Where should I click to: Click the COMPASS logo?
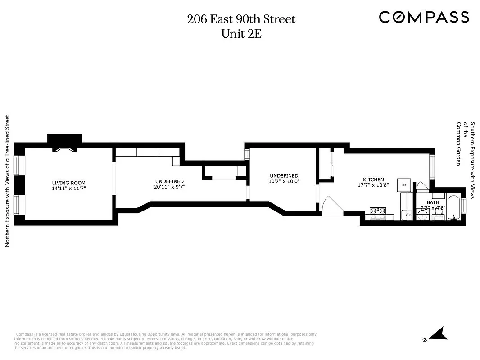click(x=424, y=17)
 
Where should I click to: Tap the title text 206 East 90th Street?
click(x=241, y=19)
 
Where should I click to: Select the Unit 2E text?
click(x=241, y=34)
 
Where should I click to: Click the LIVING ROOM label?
click(x=68, y=183)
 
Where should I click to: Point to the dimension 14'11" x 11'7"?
click(x=68, y=189)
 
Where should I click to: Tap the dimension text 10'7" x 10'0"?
click(x=284, y=181)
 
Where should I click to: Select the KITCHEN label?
click(x=373, y=180)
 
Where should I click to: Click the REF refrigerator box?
click(x=403, y=185)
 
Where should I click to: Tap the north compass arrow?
click(x=436, y=334)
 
